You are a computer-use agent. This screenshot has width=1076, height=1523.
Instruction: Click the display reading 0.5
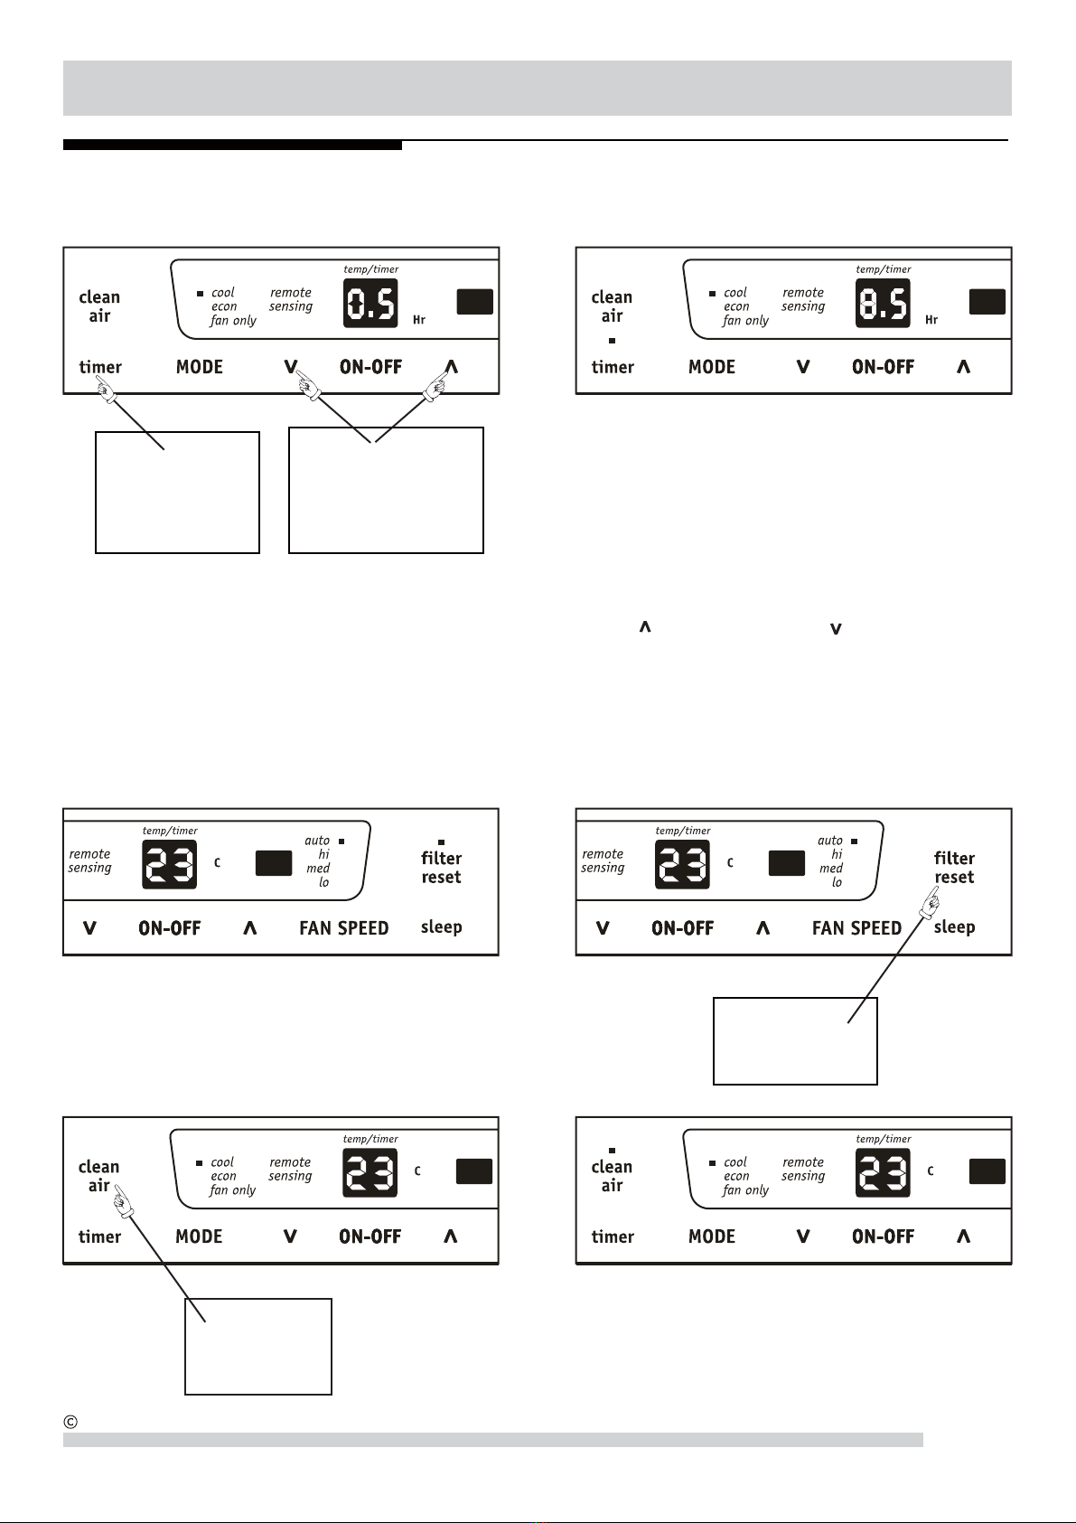pos(370,304)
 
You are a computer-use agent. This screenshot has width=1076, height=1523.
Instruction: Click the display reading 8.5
pos(883,304)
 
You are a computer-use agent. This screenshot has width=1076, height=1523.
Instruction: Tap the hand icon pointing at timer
pos(106,389)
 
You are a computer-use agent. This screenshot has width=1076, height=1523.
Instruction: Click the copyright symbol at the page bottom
pos(71,1422)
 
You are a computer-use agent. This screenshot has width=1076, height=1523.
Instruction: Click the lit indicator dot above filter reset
pos(441,842)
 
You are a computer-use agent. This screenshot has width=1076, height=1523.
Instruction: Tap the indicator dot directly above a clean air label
pos(612,1151)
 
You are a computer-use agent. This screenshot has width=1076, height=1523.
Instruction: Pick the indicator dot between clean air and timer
pos(612,341)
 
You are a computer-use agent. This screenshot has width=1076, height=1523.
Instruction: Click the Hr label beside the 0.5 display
pos(419,320)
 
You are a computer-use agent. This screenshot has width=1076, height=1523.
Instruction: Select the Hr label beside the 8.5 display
pos(931,320)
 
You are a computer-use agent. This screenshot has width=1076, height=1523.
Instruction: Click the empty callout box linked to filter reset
pos(795,1040)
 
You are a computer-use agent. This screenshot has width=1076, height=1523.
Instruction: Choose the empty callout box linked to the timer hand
pos(177,492)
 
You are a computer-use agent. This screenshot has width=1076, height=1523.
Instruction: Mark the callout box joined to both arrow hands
pos(386,490)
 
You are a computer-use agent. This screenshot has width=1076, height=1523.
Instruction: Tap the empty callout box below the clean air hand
pos(258,1346)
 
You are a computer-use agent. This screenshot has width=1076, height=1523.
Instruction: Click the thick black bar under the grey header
pos(232,145)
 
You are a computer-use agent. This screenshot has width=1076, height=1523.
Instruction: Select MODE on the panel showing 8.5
pos(712,367)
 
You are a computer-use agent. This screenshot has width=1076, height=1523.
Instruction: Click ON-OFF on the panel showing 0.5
pos(370,367)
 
